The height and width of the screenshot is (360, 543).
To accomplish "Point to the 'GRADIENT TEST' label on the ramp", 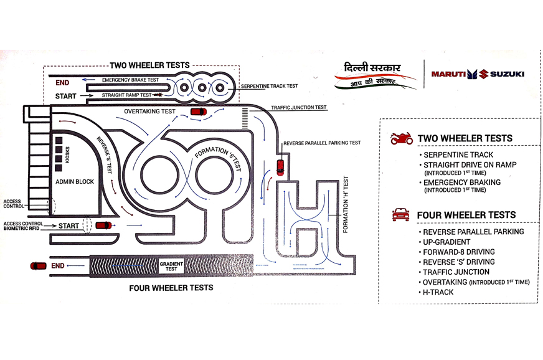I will click(171, 266).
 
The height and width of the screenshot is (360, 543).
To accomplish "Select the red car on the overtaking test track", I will click(198, 111).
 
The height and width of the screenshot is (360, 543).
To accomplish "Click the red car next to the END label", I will click(39, 266).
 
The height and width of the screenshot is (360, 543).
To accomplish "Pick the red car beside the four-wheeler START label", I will click(104, 225).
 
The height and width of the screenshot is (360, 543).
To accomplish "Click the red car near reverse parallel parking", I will click(280, 167).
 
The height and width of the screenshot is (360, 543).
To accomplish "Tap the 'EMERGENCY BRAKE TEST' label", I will click(131, 80).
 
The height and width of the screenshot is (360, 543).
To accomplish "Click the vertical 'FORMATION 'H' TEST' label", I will click(346, 205).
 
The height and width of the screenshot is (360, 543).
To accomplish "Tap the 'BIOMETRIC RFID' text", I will click(24, 229).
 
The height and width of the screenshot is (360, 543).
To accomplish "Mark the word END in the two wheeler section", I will click(62, 82).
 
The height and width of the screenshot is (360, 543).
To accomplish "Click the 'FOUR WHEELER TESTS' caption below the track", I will click(171, 288).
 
